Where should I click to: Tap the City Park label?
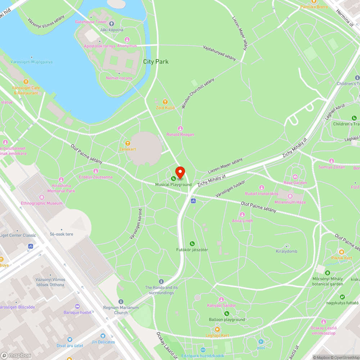(156, 62)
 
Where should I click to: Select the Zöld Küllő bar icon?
(165, 102)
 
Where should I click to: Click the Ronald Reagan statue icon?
(180, 129)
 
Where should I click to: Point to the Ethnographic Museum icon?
(42, 197)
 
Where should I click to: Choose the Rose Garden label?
(295, 183)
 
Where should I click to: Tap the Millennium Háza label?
(290, 202)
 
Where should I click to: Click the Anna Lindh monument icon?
(242, 215)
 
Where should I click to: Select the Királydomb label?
(287, 251)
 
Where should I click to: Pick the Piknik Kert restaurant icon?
(341, 252)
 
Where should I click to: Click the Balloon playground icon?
(227, 314)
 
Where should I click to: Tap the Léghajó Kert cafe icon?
(217, 329)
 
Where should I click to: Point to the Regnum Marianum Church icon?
(121, 302)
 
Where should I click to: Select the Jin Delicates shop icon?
(103, 336)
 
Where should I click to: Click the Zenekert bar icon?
(127, 143)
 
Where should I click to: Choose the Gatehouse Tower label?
(91, 22)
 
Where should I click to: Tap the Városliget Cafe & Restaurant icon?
(26, 82)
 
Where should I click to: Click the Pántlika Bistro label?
(314, 7)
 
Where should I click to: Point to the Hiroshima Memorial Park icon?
(61, 179)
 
